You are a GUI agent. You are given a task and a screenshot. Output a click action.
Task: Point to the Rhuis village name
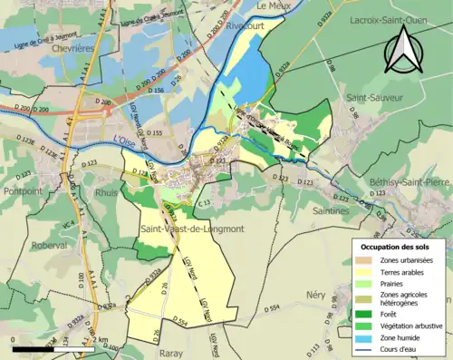tap(107, 191)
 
